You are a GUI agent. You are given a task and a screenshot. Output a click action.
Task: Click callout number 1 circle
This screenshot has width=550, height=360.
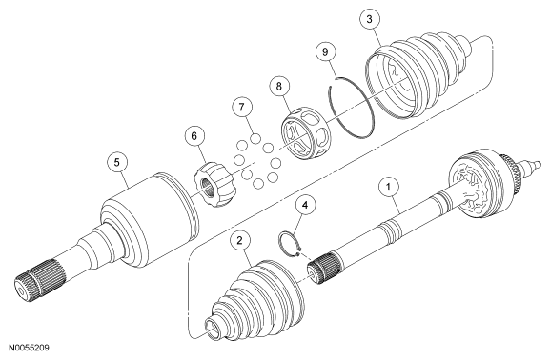[x=388, y=188]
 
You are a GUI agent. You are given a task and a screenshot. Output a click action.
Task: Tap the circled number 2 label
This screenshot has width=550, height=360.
[x=239, y=241]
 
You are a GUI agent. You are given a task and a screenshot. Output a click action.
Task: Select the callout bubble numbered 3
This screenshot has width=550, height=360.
[x=369, y=19]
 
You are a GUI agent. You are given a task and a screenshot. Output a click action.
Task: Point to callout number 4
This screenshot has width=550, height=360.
[x=305, y=206]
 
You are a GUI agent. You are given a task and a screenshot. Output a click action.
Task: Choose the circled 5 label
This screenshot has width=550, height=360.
[x=117, y=162]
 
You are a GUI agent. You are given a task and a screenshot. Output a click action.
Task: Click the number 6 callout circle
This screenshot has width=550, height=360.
[x=194, y=136]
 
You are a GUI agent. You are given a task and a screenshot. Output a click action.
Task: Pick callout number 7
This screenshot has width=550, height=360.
[x=242, y=107]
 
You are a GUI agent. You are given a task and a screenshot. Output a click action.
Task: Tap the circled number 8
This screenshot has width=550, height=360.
[x=279, y=87]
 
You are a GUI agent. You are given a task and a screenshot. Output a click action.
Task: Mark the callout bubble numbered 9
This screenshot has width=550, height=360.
[x=325, y=51]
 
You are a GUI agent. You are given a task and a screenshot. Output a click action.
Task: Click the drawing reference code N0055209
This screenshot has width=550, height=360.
[x=30, y=348]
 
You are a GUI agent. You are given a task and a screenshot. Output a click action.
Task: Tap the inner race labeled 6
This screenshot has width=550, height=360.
[x=215, y=184]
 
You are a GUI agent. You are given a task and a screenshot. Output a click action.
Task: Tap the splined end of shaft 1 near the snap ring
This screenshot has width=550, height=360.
[x=324, y=270]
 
